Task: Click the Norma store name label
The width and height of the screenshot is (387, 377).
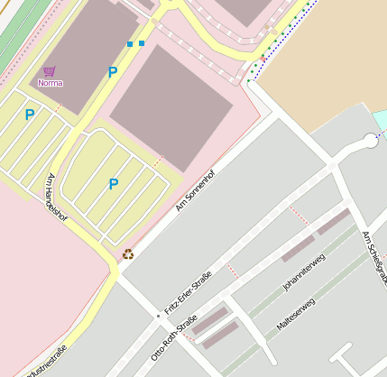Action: (51, 83)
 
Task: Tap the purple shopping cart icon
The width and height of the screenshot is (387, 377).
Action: (49, 71)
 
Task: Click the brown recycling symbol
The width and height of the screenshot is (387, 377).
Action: (127, 254)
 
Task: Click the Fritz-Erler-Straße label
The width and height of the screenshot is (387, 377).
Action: (187, 292)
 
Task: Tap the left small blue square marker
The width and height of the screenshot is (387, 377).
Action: (130, 43)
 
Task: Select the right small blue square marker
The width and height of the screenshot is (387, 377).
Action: (142, 42)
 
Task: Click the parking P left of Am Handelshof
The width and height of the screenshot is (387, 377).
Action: (30, 115)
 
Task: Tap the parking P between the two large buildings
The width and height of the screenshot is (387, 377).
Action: (113, 72)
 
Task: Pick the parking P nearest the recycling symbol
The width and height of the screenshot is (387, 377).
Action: (113, 184)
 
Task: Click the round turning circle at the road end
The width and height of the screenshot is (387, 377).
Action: (371, 141)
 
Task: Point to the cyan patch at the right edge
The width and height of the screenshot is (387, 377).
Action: (381, 121)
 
